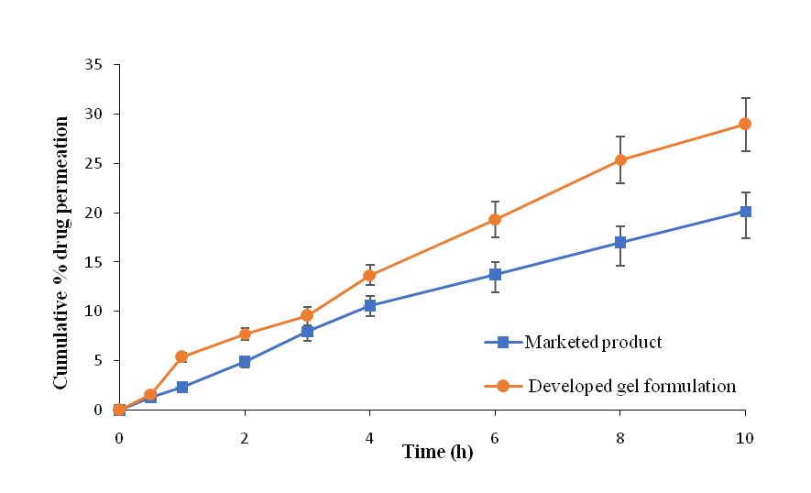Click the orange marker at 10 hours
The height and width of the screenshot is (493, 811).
(745, 124)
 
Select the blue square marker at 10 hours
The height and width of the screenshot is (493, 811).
(745, 212)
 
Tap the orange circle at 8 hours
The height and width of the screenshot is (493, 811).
(620, 160)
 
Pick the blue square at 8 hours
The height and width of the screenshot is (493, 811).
(620, 243)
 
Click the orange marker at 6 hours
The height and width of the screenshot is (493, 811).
(495, 220)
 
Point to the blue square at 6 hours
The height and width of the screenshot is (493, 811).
(495, 275)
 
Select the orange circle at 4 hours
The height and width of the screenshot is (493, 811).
(369, 276)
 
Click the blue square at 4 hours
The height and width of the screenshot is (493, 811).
(369, 306)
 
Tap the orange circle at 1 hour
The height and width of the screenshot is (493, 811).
(181, 356)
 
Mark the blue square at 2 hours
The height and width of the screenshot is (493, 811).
(245, 362)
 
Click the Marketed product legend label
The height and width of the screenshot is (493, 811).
(593, 343)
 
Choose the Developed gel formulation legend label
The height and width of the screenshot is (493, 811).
(631, 386)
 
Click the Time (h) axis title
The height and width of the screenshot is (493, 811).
(438, 452)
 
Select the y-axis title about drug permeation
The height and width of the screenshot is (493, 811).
(61, 252)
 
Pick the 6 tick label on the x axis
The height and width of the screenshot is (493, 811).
(495, 438)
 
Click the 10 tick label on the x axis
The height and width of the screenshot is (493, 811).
(745, 438)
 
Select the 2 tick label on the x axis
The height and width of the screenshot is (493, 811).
(245, 438)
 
